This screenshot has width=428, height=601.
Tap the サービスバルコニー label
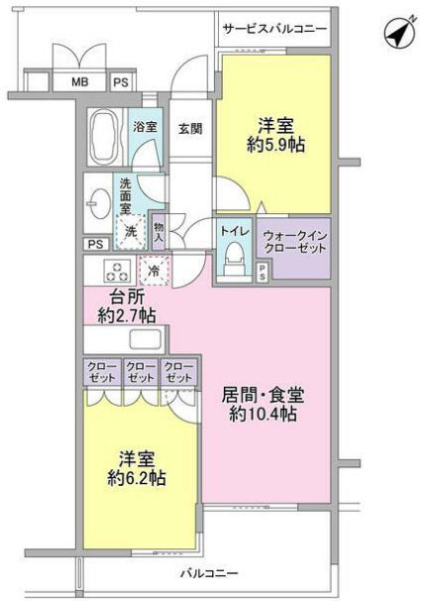tap(274, 29)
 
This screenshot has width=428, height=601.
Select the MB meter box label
tap(79, 81)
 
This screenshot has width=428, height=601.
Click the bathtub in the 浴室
tap(102, 137)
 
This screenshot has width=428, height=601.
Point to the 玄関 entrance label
tap(190, 128)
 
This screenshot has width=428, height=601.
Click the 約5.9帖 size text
tap(275, 145)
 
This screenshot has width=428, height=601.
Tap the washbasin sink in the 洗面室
tap(96, 203)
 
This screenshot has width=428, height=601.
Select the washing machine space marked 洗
tap(131, 231)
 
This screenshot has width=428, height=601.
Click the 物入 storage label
tap(159, 232)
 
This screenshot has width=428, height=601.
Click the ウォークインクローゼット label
tap(295, 242)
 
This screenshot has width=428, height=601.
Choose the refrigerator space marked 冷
tap(155, 271)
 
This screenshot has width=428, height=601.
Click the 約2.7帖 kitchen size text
tap(127, 315)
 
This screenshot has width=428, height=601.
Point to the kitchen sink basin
tap(145, 339)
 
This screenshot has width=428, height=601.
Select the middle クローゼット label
tap(141, 372)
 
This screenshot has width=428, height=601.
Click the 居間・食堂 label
tap(264, 395)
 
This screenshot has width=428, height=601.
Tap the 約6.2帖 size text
tap(137, 478)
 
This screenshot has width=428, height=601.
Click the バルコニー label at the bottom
tap(210, 573)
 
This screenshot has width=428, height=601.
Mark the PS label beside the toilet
tap(263, 273)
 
